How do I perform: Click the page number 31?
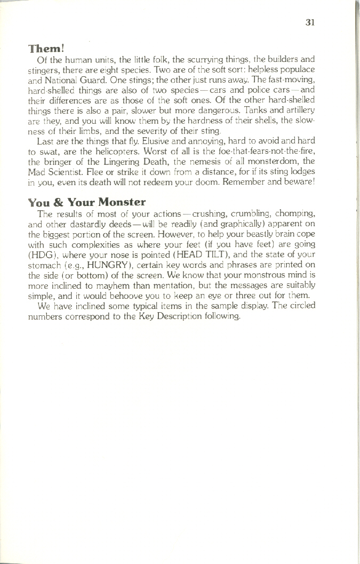coord(311,22)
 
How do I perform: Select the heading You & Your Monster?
coord(86,202)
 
